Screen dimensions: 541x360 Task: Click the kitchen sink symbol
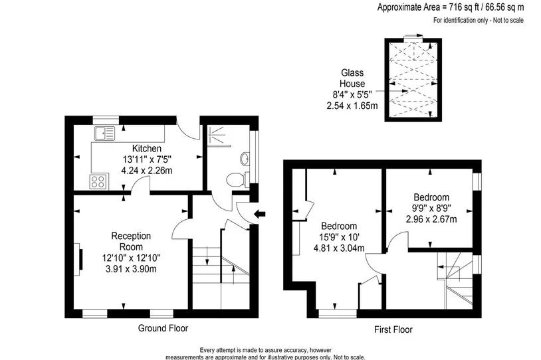[104, 133]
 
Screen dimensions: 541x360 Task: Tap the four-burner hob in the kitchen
[98, 182]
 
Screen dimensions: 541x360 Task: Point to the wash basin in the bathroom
[245, 159]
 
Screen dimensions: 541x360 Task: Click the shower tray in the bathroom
[219, 135]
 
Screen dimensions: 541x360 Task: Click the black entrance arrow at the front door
[259, 214]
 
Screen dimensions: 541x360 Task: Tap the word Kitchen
[147, 149]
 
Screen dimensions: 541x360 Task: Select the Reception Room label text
[131, 241]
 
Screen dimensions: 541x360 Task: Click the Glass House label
[352, 78]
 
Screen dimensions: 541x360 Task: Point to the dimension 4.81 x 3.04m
[339, 248]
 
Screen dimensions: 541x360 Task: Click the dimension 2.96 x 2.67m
[431, 219]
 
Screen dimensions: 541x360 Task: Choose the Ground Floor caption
[163, 328]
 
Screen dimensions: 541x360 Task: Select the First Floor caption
[393, 329]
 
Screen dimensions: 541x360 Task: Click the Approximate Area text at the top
[450, 7]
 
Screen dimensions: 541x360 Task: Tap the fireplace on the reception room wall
[79, 259]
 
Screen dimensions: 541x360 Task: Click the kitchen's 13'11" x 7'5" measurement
[147, 159]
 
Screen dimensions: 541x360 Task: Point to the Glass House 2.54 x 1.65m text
[352, 106]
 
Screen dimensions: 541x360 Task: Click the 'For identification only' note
[479, 21]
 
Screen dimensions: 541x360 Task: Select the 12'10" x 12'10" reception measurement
[131, 258]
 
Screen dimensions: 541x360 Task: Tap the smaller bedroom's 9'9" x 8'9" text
[431, 208]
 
